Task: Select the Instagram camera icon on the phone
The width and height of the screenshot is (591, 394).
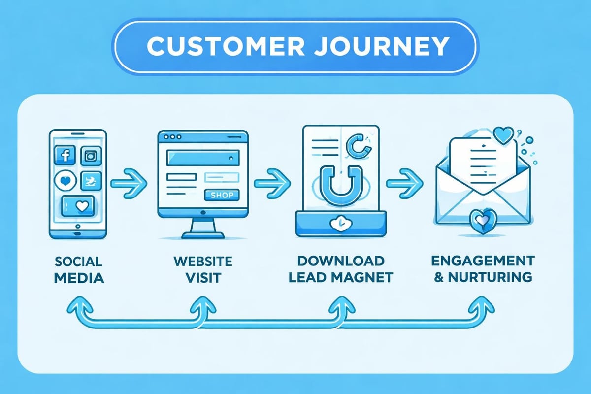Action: [91, 156]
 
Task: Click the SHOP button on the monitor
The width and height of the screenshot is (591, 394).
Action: [221, 195]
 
